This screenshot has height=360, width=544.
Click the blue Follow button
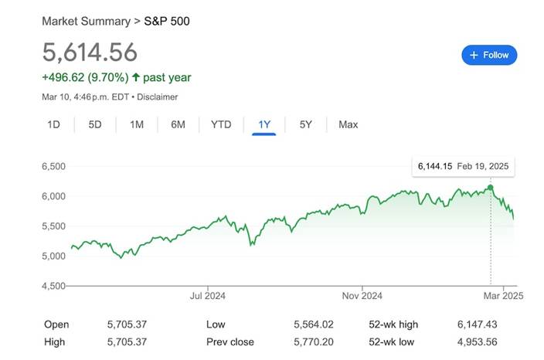pyautogui.click(x=489, y=55)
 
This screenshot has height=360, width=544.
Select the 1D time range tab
pyautogui.click(x=54, y=124)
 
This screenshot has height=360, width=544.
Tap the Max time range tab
pyautogui.click(x=348, y=124)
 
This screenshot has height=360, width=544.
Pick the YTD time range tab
pyautogui.click(x=221, y=124)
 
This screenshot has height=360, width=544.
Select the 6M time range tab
pyautogui.click(x=178, y=124)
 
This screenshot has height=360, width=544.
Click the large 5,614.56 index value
pyautogui.click(x=90, y=52)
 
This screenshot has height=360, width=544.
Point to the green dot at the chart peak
pyautogui.click(x=490, y=188)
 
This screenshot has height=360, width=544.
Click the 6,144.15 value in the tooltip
pyautogui.click(x=433, y=167)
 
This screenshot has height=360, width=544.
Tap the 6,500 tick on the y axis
pyautogui.click(x=53, y=166)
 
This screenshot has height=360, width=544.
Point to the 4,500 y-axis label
pyautogui.click(x=53, y=286)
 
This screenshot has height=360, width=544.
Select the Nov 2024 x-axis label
pyautogui.click(x=362, y=295)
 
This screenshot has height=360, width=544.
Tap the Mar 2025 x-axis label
pyautogui.click(x=503, y=295)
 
